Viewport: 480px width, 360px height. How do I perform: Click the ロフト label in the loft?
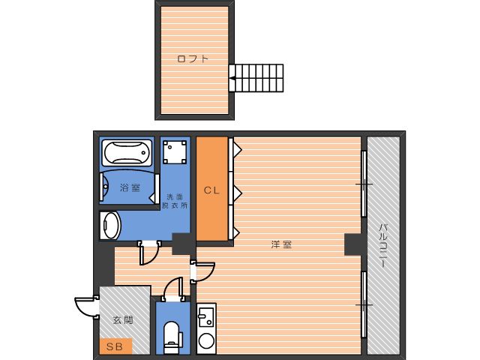[193, 58]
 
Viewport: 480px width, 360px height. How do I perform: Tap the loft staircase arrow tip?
[230, 78]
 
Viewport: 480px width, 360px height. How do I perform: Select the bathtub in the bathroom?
[127, 152]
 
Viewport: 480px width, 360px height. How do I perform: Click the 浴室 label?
[130, 187]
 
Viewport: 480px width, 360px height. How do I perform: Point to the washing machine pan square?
[175, 152]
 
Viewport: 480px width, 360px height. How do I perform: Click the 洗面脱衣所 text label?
[175, 201]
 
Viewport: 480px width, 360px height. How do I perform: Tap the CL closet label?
[211, 190]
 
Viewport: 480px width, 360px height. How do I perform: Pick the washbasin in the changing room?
[110, 225]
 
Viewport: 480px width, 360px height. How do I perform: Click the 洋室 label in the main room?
[281, 244]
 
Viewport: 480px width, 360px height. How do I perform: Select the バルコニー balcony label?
[383, 245]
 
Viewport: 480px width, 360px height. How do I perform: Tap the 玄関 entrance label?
[123, 320]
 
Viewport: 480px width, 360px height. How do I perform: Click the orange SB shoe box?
[115, 346]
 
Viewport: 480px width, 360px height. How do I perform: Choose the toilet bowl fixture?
[171, 337]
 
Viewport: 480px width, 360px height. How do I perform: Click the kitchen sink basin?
[206, 316]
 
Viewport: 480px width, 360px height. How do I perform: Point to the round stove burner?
[206, 340]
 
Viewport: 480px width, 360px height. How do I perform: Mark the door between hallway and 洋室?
[202, 271]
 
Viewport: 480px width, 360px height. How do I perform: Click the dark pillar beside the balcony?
[355, 244]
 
